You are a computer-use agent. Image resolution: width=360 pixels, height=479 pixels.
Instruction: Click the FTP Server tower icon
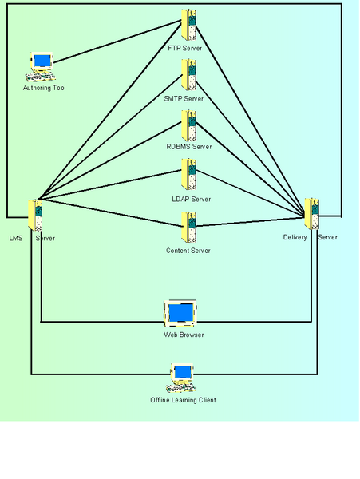tap(188, 25)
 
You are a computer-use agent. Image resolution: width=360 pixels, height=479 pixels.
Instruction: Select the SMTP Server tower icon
tap(188, 75)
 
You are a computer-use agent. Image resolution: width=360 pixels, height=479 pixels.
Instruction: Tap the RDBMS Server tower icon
tap(188, 125)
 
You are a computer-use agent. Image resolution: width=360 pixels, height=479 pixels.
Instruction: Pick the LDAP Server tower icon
tap(188, 174)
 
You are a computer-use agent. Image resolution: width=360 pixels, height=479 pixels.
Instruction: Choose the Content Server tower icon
tap(188, 228)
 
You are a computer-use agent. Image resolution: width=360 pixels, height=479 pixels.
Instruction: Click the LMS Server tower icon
tap(35, 216)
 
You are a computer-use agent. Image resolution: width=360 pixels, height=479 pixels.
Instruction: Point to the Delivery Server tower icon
tap(312, 214)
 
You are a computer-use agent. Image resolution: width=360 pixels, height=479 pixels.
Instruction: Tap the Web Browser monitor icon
tap(180, 313)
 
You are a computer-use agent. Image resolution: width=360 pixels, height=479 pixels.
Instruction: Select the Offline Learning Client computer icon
tap(181, 378)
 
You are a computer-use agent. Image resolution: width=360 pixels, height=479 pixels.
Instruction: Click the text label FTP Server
tap(185, 48)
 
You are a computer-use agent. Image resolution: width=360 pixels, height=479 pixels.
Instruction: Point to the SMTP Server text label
tap(184, 99)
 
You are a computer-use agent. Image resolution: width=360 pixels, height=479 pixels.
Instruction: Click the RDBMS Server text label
tap(189, 147)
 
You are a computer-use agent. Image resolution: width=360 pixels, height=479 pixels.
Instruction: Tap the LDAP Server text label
tap(192, 199)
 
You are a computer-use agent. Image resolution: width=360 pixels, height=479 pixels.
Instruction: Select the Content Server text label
tap(188, 251)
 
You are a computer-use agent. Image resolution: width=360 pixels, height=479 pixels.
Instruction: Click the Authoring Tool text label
tap(45, 88)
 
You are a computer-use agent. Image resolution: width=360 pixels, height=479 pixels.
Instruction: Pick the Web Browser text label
tap(184, 335)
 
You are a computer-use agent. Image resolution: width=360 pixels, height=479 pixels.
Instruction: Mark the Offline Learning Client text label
tap(184, 400)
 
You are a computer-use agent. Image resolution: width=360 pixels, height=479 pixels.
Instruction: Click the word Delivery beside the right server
tap(295, 237)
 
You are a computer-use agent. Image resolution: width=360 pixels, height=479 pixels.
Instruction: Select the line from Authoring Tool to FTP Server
tap(117, 42)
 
